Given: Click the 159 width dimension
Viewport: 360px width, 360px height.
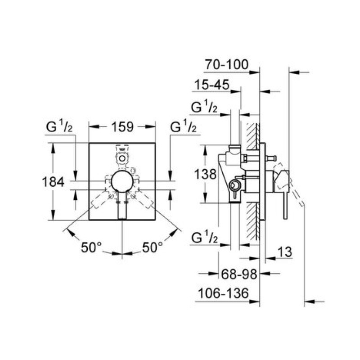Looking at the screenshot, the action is (x=122, y=127).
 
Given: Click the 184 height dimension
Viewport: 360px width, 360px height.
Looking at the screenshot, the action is (x=53, y=182).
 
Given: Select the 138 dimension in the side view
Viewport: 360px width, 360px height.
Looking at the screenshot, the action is (x=205, y=174).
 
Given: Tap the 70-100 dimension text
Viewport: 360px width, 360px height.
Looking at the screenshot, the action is (x=227, y=64).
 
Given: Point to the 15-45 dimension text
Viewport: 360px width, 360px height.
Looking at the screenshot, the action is (x=212, y=85).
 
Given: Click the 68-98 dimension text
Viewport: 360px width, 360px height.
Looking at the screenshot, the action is (x=239, y=274).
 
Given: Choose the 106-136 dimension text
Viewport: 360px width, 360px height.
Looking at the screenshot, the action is (x=223, y=293).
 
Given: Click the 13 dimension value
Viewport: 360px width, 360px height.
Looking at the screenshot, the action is (x=285, y=252).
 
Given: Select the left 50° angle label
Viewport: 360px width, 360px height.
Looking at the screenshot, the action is (x=91, y=247).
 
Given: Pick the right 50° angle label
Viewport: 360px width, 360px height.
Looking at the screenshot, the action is (x=153, y=247).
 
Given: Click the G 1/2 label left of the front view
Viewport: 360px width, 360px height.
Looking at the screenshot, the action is (x=59, y=127).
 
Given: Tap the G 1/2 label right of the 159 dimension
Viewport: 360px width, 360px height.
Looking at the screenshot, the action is (x=184, y=127).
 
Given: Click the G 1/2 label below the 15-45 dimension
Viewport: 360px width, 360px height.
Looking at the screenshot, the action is (x=204, y=107).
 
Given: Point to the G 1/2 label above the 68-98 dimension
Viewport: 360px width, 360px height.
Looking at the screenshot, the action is (x=204, y=238).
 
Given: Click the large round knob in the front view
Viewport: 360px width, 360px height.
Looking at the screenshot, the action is (x=122, y=181).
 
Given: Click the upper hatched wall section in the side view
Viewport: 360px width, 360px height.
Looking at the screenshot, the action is (x=253, y=136).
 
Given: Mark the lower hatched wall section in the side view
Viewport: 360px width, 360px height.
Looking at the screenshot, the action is (x=253, y=221).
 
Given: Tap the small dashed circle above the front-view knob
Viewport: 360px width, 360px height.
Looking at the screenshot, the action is (x=122, y=158).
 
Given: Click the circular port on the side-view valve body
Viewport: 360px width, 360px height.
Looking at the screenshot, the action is (x=234, y=185).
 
